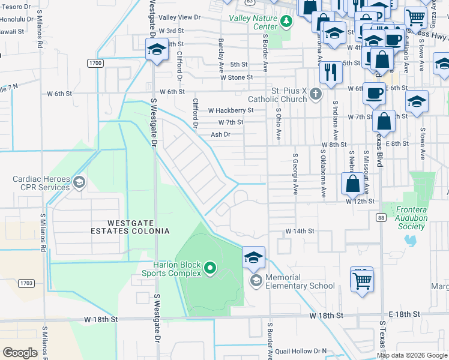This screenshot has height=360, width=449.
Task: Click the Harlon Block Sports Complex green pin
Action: tap(209, 268)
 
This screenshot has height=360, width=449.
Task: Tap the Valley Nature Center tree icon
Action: tap(286, 22)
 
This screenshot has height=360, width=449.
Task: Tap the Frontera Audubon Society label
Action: tap(411, 218)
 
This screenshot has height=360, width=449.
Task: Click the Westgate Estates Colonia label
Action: tap(130, 226)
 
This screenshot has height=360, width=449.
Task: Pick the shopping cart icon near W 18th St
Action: tap(362, 280)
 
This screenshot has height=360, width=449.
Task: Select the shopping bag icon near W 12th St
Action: tap(353, 182)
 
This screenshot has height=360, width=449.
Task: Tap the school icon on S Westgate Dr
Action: tap(157, 49)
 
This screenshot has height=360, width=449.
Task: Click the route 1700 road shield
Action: tap(95, 63)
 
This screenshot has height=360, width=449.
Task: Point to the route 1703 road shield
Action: tap(25, 283)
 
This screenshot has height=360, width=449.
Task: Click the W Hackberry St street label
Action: tap(231, 110)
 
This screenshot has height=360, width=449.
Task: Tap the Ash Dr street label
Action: tap(220, 134)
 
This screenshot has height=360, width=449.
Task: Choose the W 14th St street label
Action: tap(300, 231)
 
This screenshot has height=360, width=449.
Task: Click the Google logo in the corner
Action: tap(20, 353)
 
